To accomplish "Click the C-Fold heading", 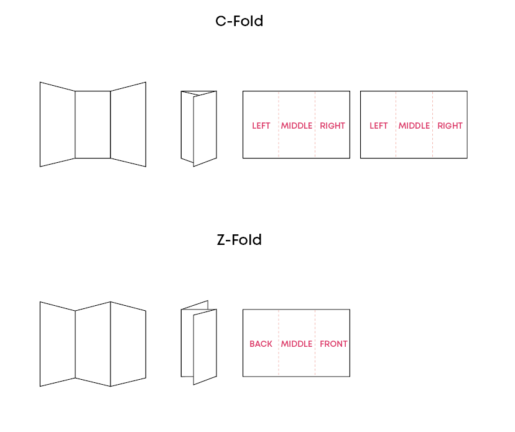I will coord(239,21).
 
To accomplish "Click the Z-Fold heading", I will coord(239,240).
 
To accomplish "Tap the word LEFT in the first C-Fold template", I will coord(261,126).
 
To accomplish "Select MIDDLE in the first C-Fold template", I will coord(297,126).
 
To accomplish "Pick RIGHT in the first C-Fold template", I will coord(333,126).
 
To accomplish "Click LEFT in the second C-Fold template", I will coord(379,126).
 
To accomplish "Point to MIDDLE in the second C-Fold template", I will coord(414,126).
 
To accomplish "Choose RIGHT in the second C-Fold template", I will coord(450,126).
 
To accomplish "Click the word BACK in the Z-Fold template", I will coord(261,344).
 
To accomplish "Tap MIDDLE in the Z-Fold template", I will coord(297,344).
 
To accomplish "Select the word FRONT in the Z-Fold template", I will coord(334,344).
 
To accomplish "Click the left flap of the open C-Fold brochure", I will coord(57,124).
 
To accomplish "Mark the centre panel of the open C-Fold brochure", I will coord(93,124).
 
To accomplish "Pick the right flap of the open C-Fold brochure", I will coord(128,124).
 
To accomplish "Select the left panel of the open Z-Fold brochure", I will coord(57,344).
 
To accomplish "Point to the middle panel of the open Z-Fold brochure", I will coord(93,341).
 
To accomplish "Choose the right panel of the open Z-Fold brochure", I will coord(128,344).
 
